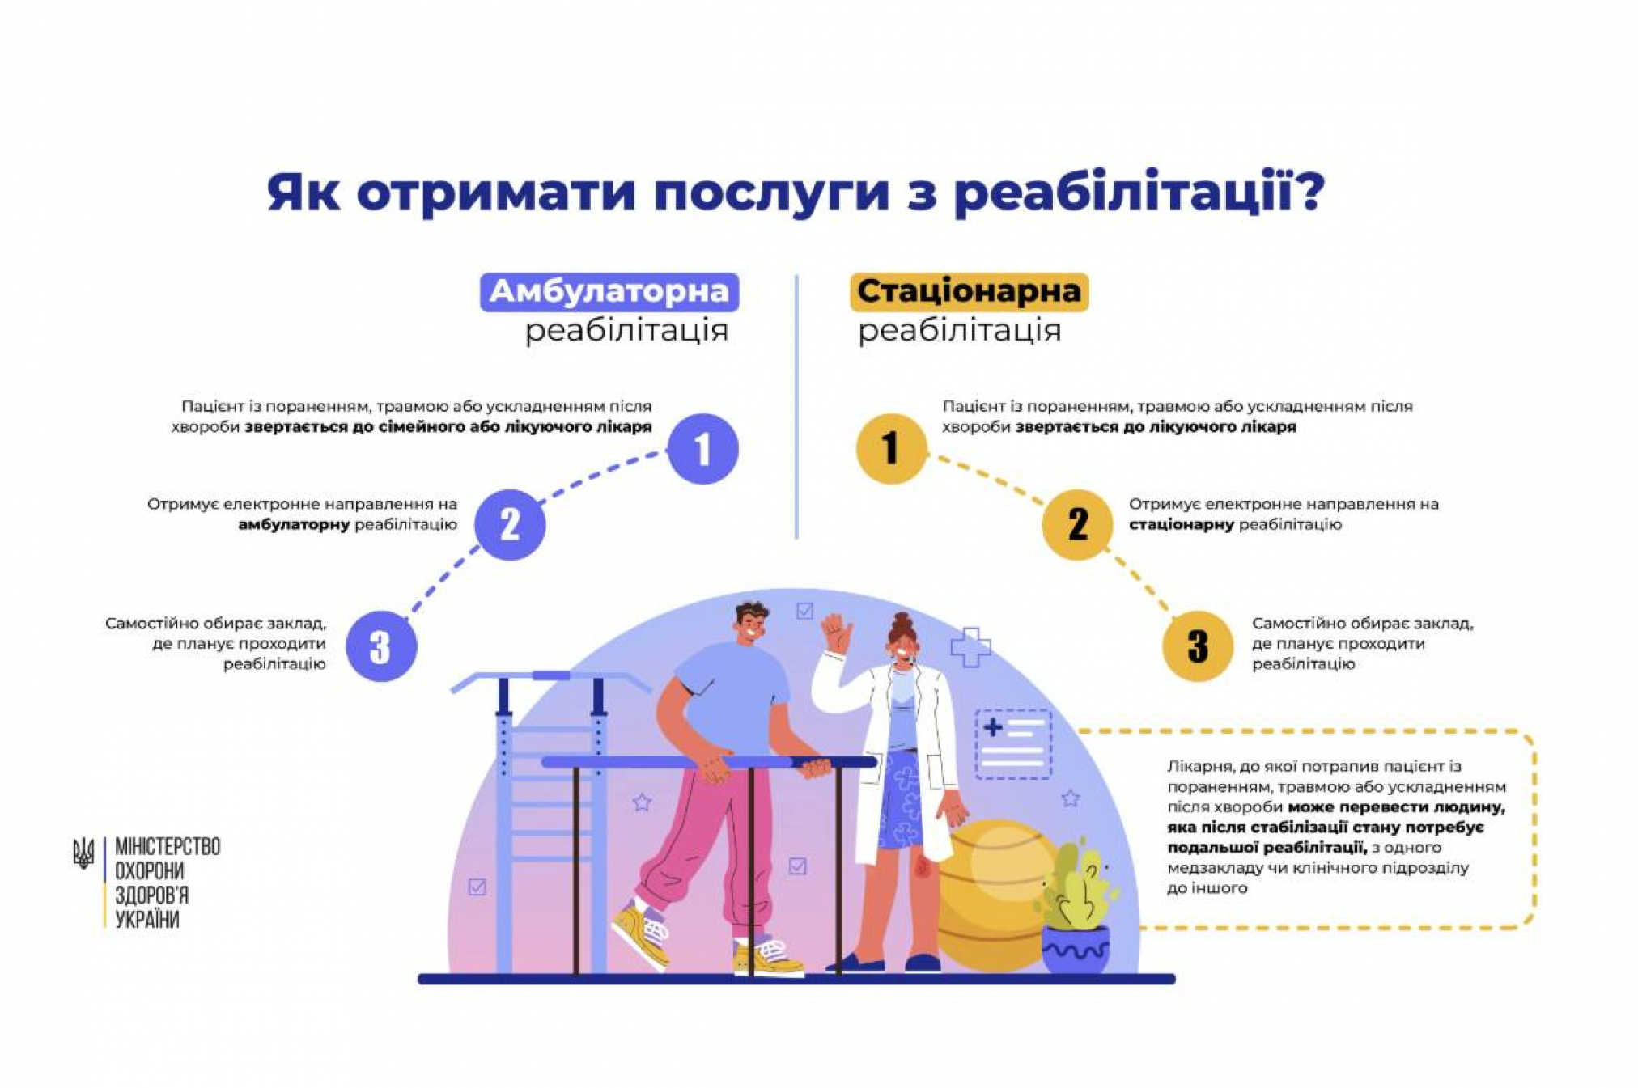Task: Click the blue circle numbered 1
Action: [x=702, y=448]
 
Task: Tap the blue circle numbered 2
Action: [x=509, y=524]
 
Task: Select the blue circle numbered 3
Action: [x=381, y=646]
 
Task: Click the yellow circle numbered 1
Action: [x=891, y=448]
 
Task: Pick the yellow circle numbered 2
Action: [x=1077, y=524]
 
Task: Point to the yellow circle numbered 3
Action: [x=1198, y=646]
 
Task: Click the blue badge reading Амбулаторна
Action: [x=609, y=291]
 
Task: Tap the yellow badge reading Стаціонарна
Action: [x=969, y=291]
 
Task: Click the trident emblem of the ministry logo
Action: [x=83, y=853]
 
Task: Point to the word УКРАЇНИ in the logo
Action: [x=147, y=920]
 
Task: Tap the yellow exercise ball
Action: [x=991, y=890]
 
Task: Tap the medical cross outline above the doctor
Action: [x=970, y=646]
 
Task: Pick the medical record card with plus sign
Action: [x=1012, y=743]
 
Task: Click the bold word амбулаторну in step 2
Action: [x=294, y=525]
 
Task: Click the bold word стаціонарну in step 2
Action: [x=1181, y=525]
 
